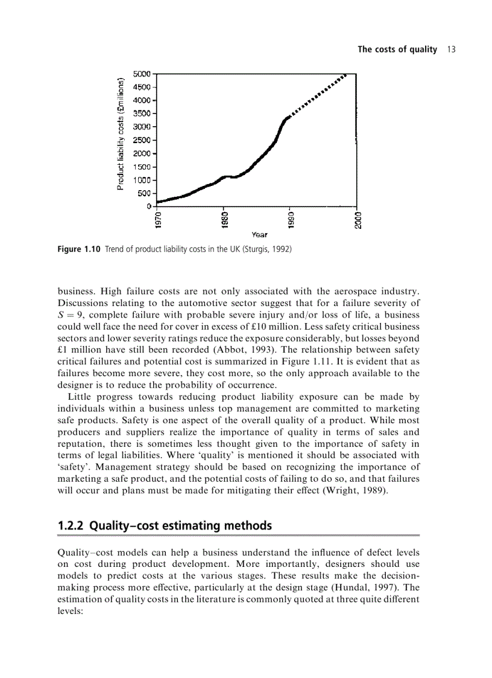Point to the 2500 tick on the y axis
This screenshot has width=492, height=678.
(143, 140)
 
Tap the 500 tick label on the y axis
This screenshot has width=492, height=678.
(145, 193)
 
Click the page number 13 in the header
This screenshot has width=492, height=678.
(451, 50)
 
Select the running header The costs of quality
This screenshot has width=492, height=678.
(397, 50)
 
